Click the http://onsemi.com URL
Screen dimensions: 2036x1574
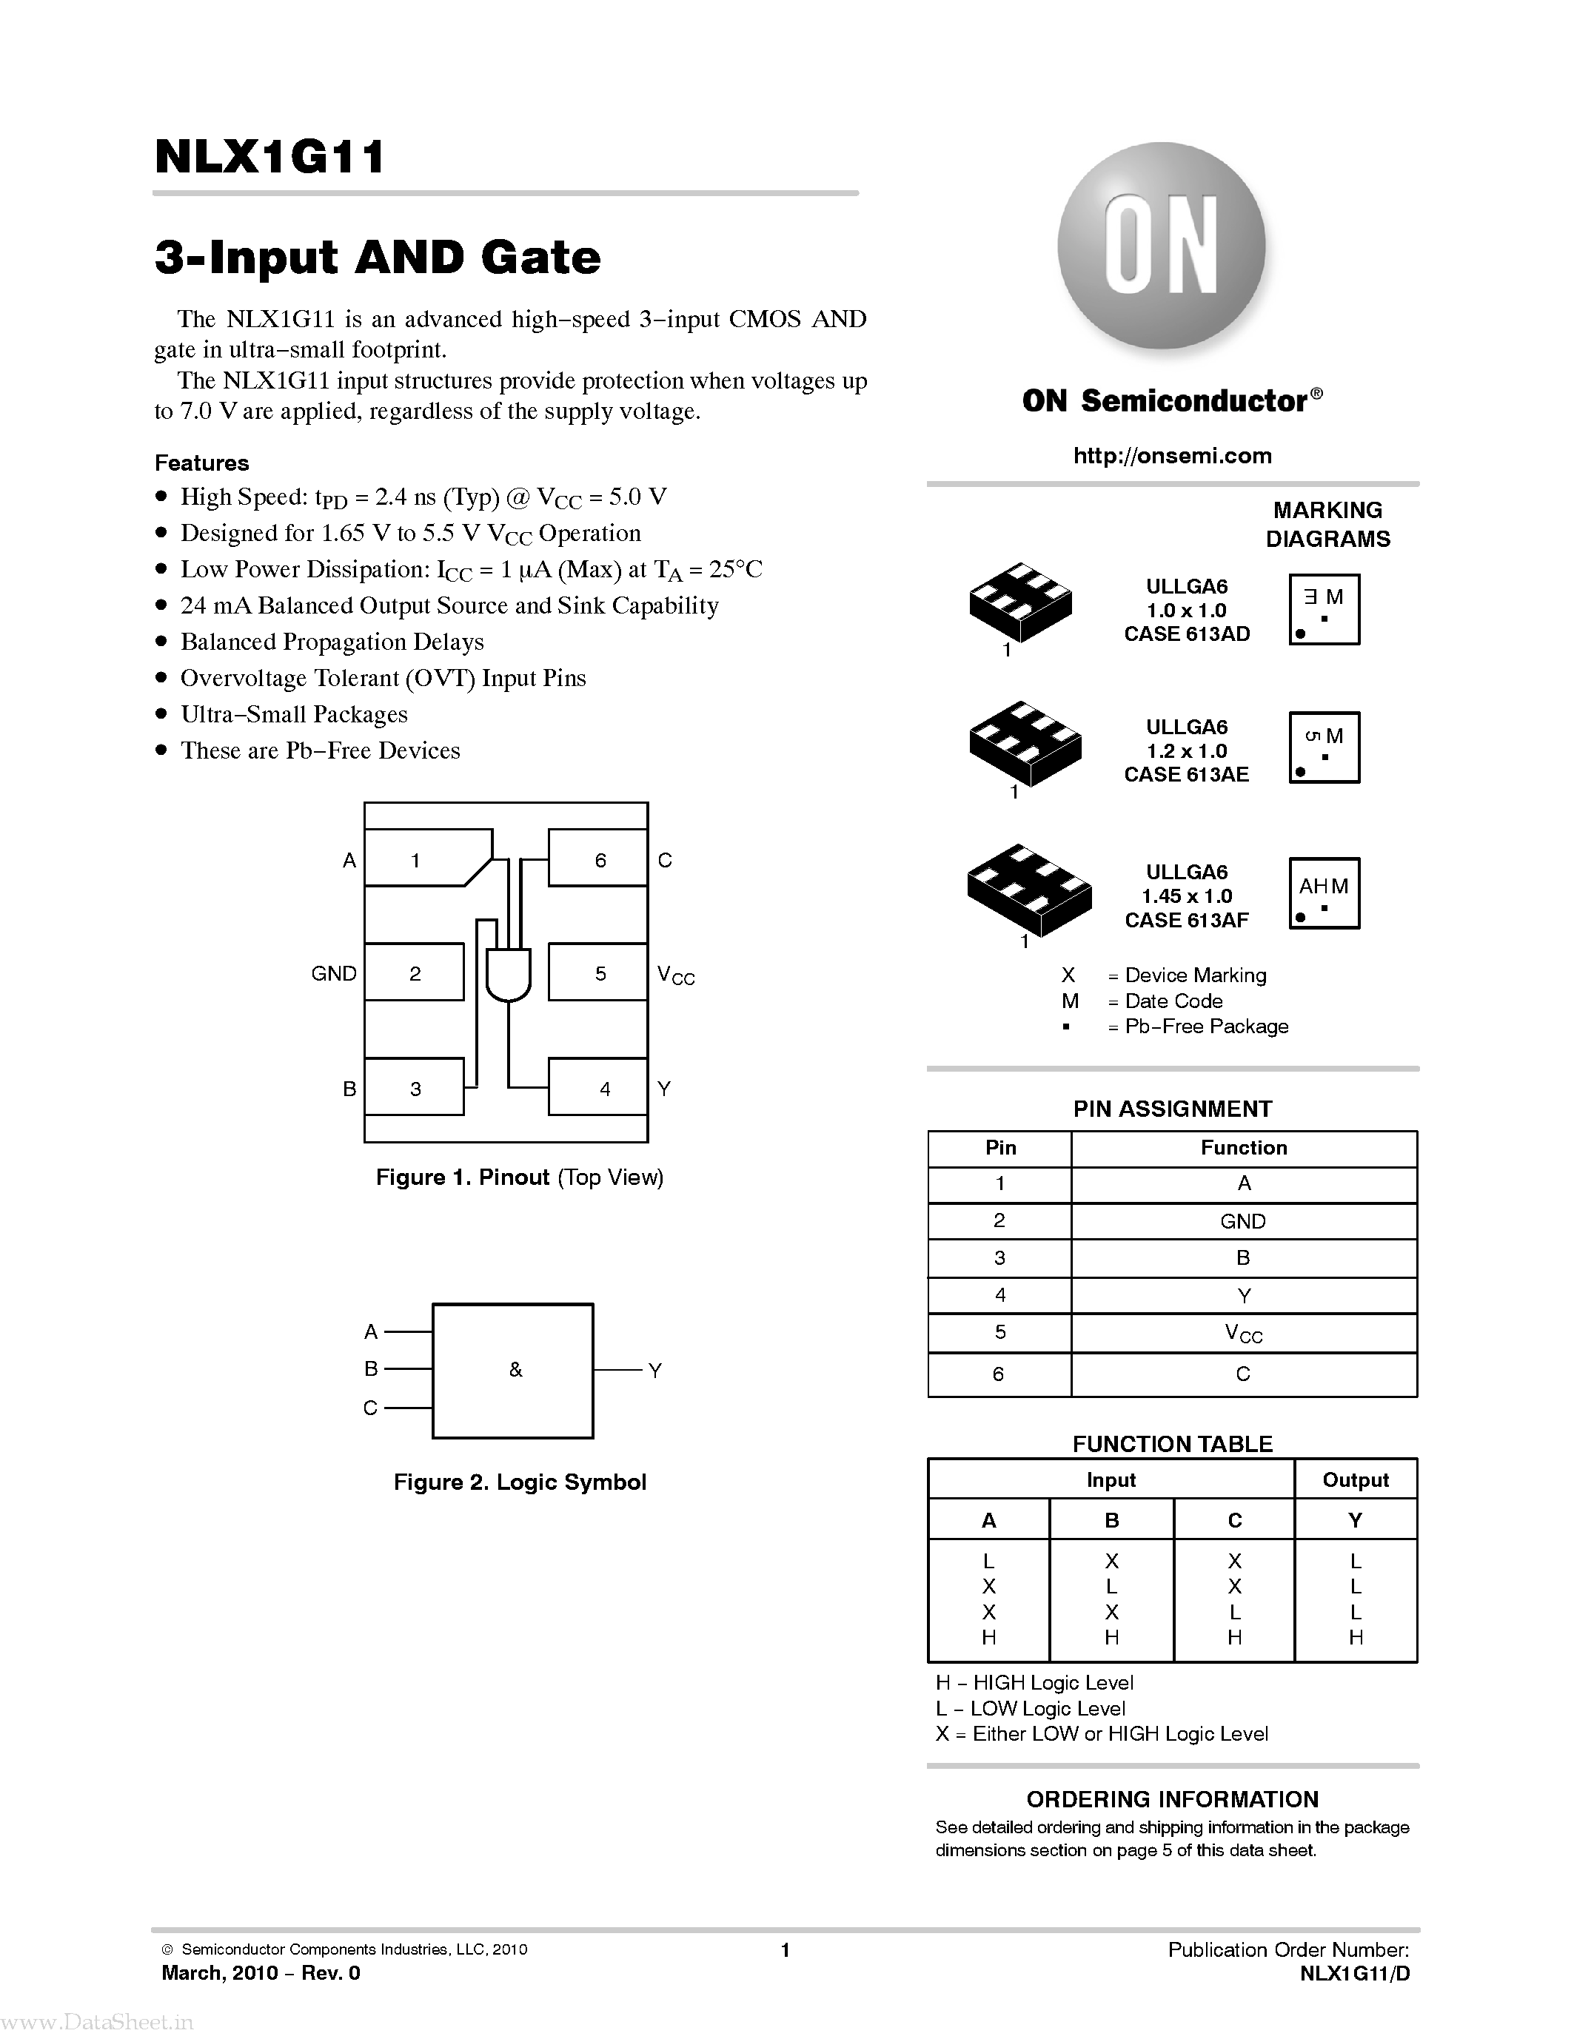pos(1172,456)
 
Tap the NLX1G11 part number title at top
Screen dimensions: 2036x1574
pos(269,157)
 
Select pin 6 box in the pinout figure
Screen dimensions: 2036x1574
pos(597,858)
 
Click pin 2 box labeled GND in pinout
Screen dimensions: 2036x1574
pos(414,972)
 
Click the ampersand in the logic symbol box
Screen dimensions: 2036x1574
pos(515,1369)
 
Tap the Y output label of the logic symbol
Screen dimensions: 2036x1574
pos(654,1371)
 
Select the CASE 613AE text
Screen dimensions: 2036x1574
pos(1186,775)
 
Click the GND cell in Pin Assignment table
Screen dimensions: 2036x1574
pos(1243,1221)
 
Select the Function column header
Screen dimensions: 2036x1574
pos(1243,1148)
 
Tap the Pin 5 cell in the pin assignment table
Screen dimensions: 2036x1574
pos(999,1332)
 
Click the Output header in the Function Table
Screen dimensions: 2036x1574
pos(1355,1479)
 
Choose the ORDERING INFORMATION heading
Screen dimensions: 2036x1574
pos(1172,1799)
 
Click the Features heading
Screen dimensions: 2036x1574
pos(201,463)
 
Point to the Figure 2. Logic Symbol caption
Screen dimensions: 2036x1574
pos(520,1482)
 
